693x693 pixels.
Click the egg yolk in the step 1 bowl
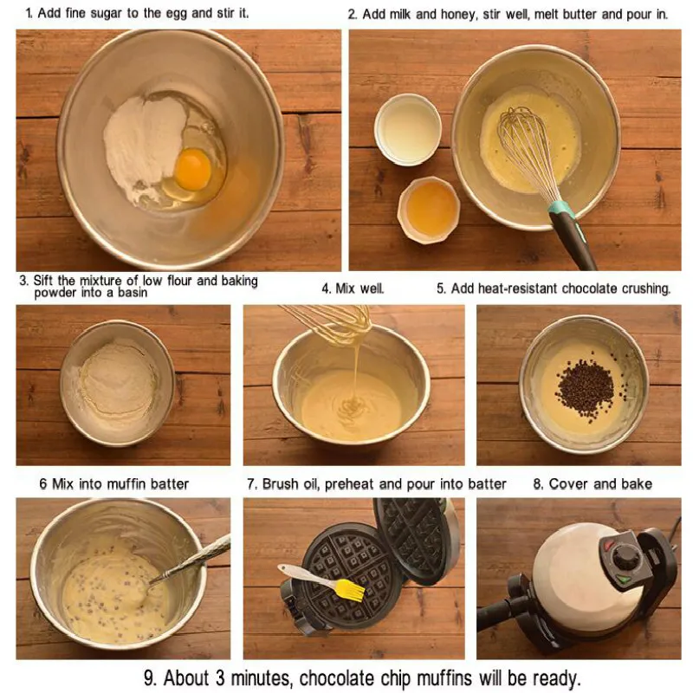click(192, 170)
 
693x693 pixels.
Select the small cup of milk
click(407, 129)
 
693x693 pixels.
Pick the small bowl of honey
click(429, 210)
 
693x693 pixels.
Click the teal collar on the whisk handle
click(561, 209)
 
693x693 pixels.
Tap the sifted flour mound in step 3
click(118, 379)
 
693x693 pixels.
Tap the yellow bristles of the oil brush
click(351, 591)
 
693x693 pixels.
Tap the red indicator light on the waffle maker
click(610, 545)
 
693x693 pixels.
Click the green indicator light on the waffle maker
click(624, 580)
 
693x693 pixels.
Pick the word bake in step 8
click(636, 484)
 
